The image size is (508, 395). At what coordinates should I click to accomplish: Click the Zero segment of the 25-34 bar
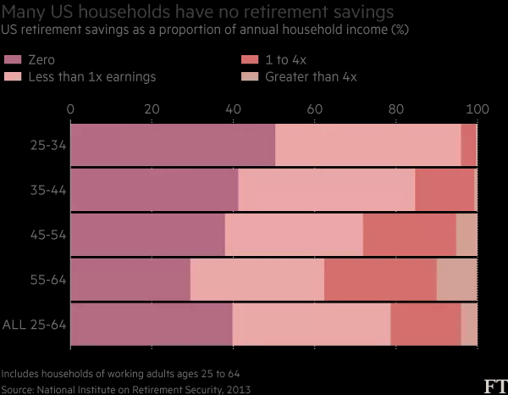173,145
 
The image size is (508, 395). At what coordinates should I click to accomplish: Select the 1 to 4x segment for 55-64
380,279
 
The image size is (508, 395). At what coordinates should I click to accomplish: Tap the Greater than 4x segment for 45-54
467,234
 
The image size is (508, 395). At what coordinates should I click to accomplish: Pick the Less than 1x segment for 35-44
327,189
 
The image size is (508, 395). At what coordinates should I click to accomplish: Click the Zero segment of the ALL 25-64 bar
151,323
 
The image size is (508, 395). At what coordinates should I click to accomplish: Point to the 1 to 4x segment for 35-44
445,189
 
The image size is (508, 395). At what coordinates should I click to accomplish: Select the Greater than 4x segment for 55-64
456,279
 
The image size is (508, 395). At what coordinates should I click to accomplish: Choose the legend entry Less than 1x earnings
94,77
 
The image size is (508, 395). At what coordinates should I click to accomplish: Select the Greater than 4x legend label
311,77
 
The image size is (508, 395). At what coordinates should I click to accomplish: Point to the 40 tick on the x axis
233,108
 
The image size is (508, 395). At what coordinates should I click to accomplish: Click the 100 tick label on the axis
478,108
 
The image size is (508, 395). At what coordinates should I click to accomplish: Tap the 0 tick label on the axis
70,108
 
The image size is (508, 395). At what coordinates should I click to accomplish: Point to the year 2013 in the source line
237,389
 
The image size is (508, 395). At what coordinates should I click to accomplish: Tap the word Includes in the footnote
22,374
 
